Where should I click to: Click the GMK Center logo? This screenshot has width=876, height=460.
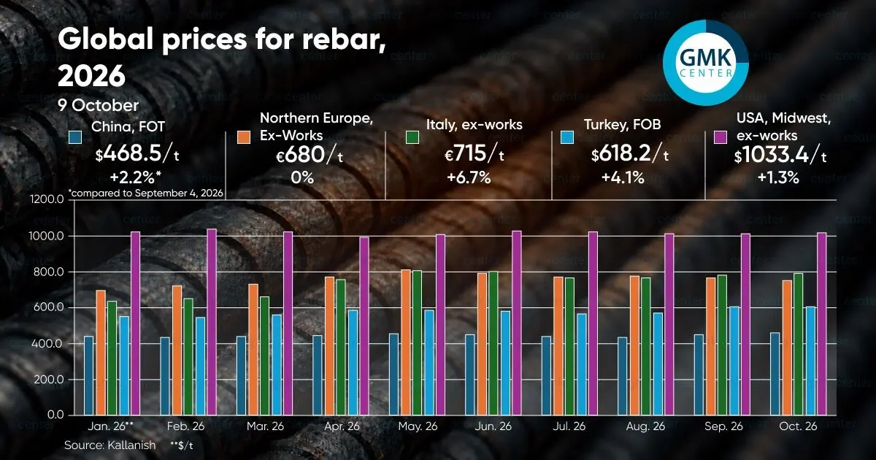coord(706,63)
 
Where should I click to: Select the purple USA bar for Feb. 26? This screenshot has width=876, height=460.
coord(212,321)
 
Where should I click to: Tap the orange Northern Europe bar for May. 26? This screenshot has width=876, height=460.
coord(406,342)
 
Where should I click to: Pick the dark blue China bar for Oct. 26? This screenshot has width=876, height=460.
coord(775,374)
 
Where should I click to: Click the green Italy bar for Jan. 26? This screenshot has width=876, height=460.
coord(112,358)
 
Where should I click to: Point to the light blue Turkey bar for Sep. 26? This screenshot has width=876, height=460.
coord(734,361)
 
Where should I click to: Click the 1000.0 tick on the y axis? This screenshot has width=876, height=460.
coord(47,236)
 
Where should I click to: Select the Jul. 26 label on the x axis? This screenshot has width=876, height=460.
coord(569,426)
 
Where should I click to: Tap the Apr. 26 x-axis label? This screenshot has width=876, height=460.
coord(342,426)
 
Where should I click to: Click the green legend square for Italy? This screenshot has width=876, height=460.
coord(412,137)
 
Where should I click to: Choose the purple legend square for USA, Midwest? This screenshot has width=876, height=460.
coord(721,137)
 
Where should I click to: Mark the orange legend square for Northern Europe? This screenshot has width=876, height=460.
coord(244,137)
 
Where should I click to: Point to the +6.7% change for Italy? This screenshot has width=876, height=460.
coord(469,177)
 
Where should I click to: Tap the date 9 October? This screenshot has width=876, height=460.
coord(98,105)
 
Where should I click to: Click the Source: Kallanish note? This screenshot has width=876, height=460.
coord(110,445)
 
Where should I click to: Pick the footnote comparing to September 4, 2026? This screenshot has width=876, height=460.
coord(146,193)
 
